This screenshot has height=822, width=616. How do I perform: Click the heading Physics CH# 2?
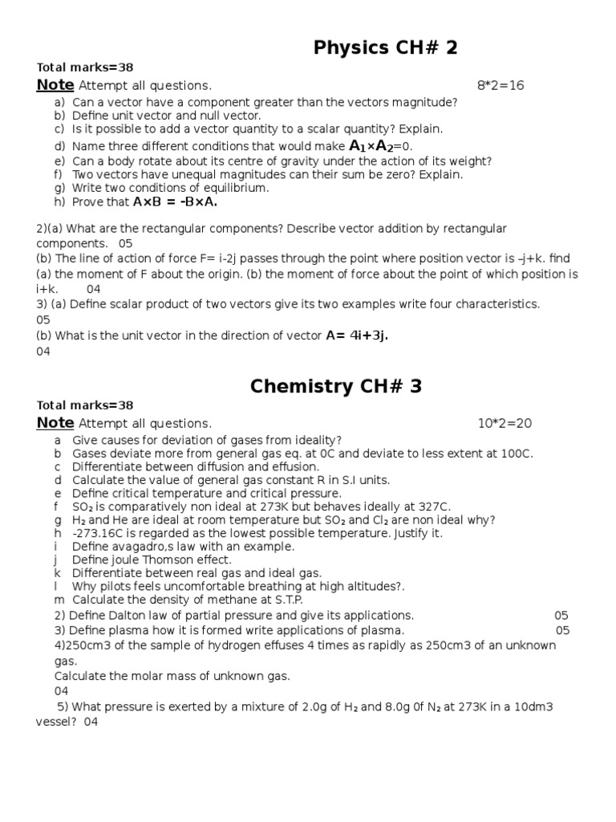coord(386,48)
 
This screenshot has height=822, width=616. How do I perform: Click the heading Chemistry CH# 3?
coord(336,386)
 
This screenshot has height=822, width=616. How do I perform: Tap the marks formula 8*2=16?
coord(500,85)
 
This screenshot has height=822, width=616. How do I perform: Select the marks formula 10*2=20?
coord(505,423)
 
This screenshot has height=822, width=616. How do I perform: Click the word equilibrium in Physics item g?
coord(237,188)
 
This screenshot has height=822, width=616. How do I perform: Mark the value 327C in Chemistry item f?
coord(434,507)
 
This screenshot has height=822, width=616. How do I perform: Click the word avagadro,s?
coord(144,546)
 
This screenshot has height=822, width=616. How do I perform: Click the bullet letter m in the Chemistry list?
coord(59,600)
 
